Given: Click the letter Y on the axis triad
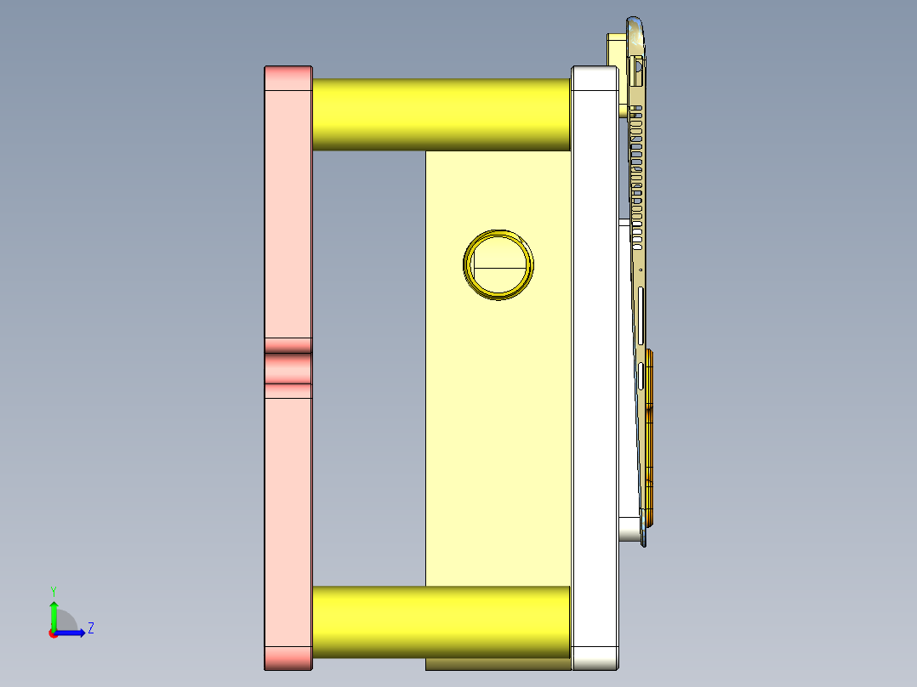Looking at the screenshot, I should [x=53, y=590].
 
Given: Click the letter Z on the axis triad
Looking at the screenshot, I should [x=90, y=628].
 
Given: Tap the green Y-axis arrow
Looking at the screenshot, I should [x=53, y=612].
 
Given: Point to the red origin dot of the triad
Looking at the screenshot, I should [x=53, y=633].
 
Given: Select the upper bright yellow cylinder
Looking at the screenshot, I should [x=441, y=115].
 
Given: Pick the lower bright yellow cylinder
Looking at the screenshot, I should [x=441, y=621].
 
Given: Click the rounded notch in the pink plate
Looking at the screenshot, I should [x=288, y=367].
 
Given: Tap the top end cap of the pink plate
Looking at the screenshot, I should [x=288, y=78].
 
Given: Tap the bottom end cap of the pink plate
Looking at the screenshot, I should [x=288, y=657].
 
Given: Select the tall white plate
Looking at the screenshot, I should [x=595, y=366].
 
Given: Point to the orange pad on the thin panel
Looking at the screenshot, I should [x=650, y=434].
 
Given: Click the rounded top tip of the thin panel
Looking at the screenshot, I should [x=635, y=23].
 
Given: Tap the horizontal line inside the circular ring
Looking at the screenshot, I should [x=499, y=267].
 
